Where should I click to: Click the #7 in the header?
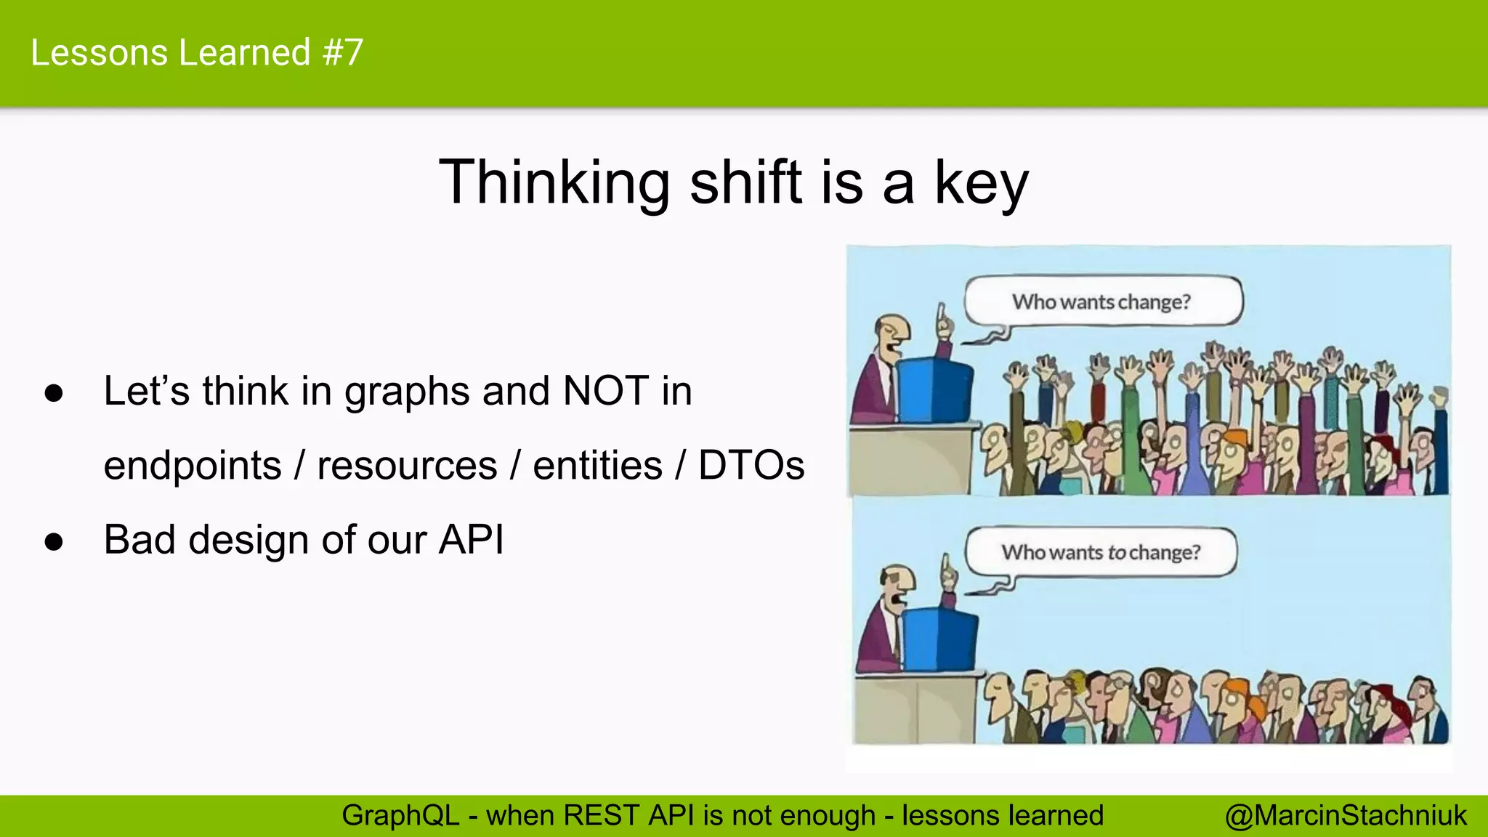[x=343, y=53]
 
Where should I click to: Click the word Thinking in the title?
[x=554, y=182]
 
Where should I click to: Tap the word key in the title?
[x=981, y=184]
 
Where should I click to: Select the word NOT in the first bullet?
[x=606, y=391]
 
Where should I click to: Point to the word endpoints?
[x=193, y=466]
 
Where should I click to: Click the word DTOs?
[x=751, y=465]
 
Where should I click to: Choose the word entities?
[x=597, y=465]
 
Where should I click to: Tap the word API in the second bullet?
[x=472, y=540]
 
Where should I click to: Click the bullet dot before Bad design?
[x=54, y=542]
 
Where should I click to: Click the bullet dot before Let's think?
[x=54, y=394]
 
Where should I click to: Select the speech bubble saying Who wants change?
[x=1102, y=301]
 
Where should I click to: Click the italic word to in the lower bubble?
[x=1117, y=553]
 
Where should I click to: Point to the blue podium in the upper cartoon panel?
[x=934, y=388]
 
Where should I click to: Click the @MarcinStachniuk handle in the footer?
[x=1346, y=816]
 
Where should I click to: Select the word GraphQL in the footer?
[x=400, y=816]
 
